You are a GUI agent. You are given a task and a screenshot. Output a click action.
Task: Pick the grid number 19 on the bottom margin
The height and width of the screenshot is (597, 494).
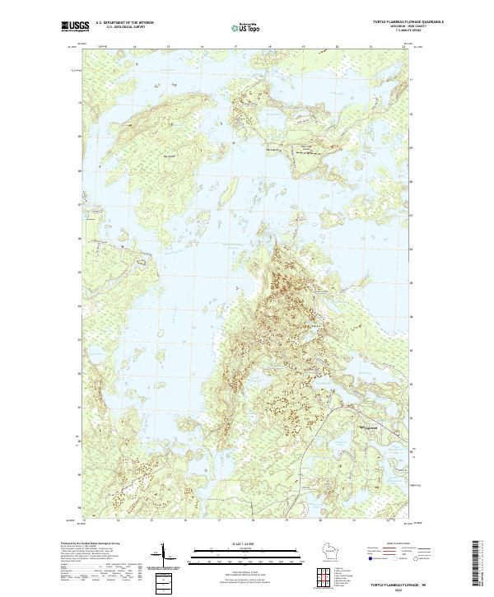point(303,520)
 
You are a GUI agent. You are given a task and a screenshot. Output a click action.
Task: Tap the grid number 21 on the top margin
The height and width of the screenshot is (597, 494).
point(370,46)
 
